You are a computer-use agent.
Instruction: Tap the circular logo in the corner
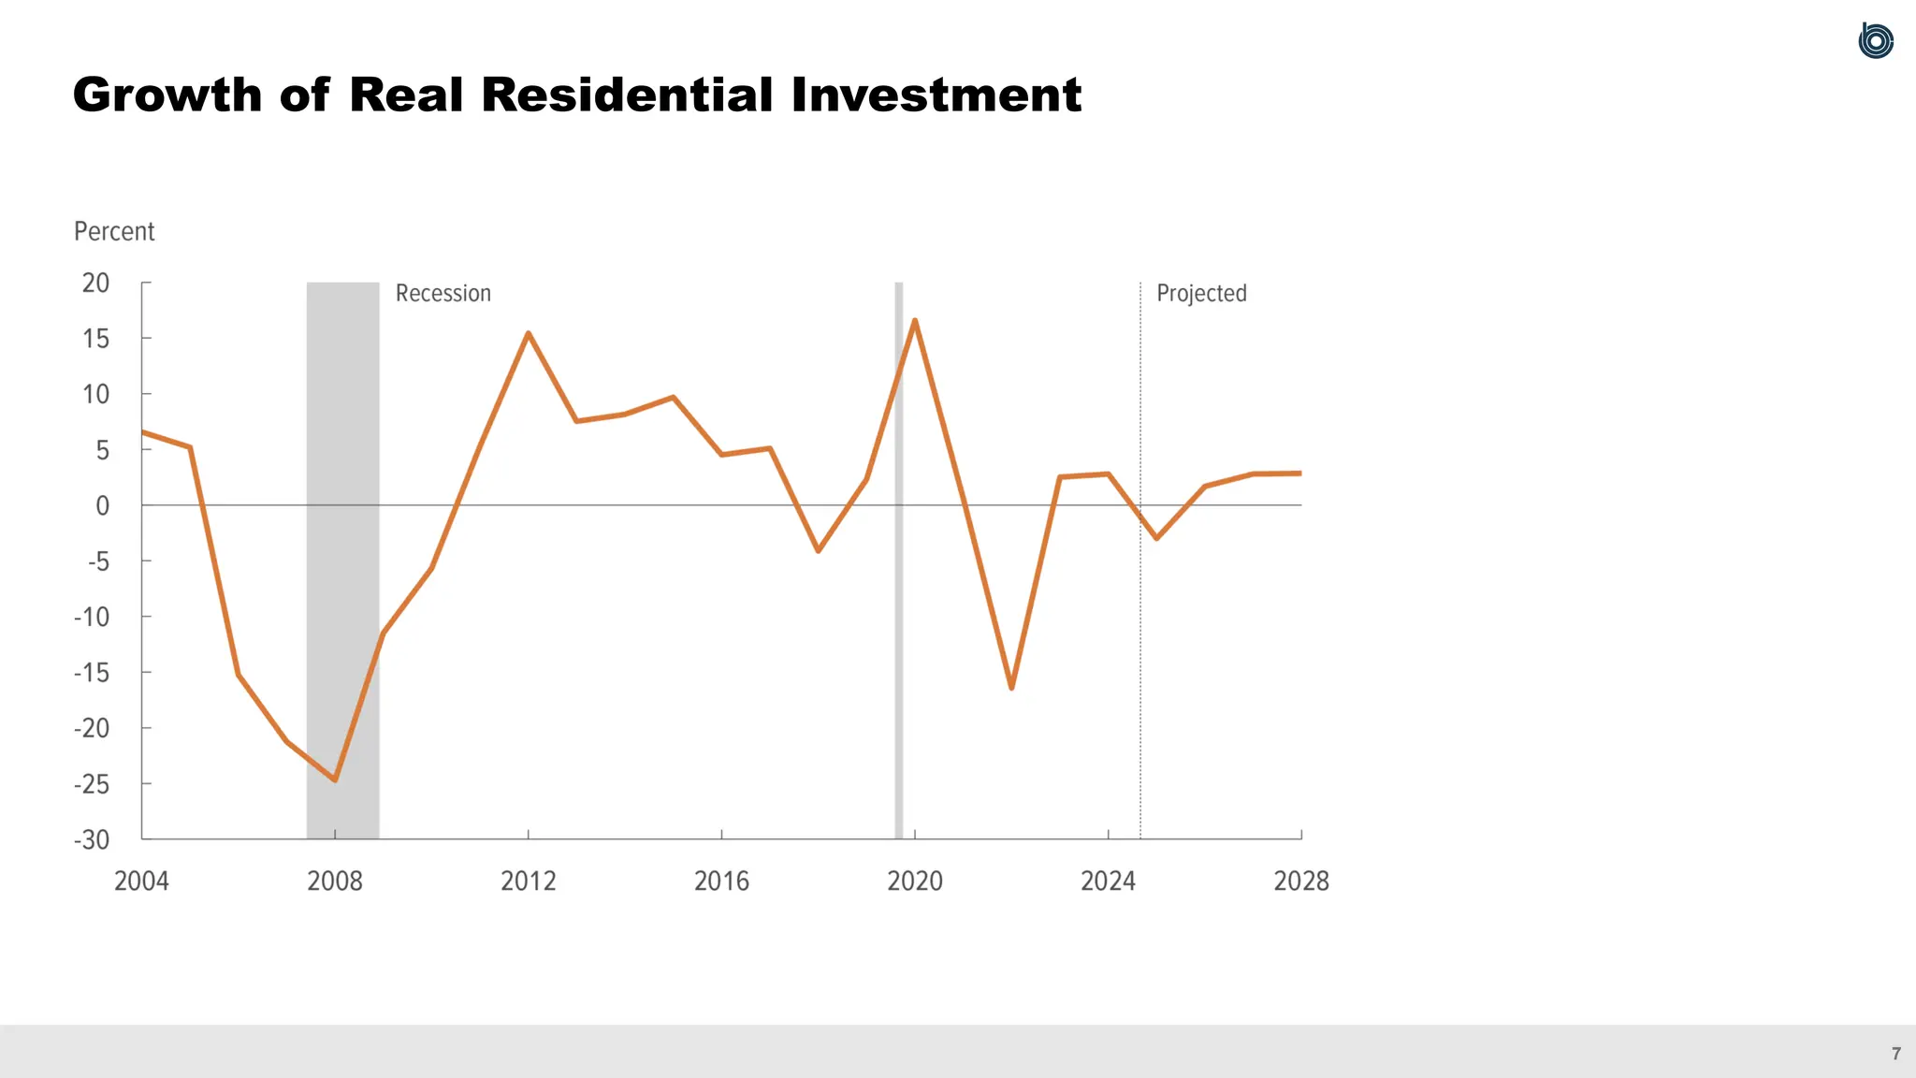(x=1876, y=41)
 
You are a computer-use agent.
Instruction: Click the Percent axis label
(x=114, y=231)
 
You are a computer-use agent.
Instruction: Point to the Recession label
(x=443, y=293)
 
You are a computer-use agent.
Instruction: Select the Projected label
(x=1201, y=293)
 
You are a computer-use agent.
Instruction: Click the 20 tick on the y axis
(x=95, y=283)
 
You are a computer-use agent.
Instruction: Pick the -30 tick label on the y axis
(x=92, y=839)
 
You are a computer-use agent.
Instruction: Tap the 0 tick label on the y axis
(x=102, y=506)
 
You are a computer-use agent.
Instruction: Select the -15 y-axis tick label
(x=92, y=673)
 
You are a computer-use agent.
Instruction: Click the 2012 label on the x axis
(x=528, y=881)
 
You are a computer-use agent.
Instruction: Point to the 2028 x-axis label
(x=1300, y=881)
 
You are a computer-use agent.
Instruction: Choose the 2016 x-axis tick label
(x=721, y=881)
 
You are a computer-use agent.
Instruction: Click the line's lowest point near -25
(x=335, y=779)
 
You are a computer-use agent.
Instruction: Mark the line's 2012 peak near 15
(x=529, y=333)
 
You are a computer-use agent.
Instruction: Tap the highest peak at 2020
(x=914, y=320)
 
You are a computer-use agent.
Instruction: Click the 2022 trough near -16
(x=1011, y=688)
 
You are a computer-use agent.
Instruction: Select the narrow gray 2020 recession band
(x=899, y=655)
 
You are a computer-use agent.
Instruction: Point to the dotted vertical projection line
(x=1140, y=655)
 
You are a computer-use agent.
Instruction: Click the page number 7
(x=1895, y=1054)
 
